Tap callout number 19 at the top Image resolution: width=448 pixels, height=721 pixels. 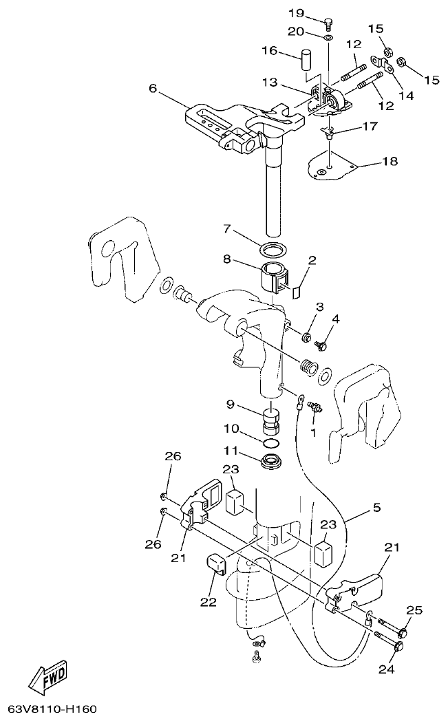point(296,14)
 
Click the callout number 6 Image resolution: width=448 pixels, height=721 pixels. point(153,88)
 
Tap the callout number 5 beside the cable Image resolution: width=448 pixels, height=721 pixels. point(376,509)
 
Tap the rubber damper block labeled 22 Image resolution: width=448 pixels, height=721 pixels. point(215,565)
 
